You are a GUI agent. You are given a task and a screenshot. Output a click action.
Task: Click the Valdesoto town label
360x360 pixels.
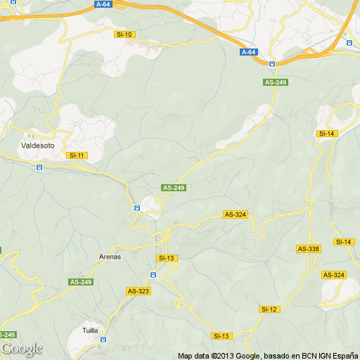(x=34, y=146)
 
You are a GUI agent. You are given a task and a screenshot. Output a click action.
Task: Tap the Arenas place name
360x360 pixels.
(x=110, y=257)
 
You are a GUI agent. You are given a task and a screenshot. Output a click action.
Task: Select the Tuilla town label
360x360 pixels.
(x=90, y=330)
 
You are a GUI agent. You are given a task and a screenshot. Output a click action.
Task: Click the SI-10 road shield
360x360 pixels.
(x=124, y=34)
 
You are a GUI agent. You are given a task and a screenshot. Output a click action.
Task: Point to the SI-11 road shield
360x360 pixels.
(x=76, y=155)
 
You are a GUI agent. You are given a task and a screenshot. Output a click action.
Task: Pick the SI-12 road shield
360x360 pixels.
(x=270, y=309)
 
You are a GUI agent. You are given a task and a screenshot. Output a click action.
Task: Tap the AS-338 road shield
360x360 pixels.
(x=308, y=248)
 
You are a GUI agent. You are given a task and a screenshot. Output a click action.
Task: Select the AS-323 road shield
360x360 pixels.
(x=138, y=290)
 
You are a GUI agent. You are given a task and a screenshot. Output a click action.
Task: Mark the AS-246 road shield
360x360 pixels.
(x=6, y=335)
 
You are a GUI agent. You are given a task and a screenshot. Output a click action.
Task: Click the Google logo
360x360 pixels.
(x=21, y=349)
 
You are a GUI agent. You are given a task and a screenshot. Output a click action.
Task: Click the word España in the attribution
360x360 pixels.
(x=344, y=355)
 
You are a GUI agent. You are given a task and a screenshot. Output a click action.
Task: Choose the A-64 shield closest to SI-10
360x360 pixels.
(x=103, y=4)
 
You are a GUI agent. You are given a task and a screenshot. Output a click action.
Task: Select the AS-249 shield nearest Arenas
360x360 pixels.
(x=81, y=282)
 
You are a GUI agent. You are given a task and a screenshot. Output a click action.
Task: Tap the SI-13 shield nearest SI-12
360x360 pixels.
(x=222, y=336)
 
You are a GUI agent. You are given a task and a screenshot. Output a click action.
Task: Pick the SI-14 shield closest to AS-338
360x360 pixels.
(x=344, y=242)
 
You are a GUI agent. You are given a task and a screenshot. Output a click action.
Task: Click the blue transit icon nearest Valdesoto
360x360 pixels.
(x=39, y=167)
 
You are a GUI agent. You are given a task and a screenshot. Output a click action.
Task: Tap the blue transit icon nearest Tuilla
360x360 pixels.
(x=103, y=339)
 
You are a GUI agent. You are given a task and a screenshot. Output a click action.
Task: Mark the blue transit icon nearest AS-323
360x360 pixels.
(x=153, y=274)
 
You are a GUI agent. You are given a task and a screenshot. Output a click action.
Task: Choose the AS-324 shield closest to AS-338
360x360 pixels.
(x=333, y=274)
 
